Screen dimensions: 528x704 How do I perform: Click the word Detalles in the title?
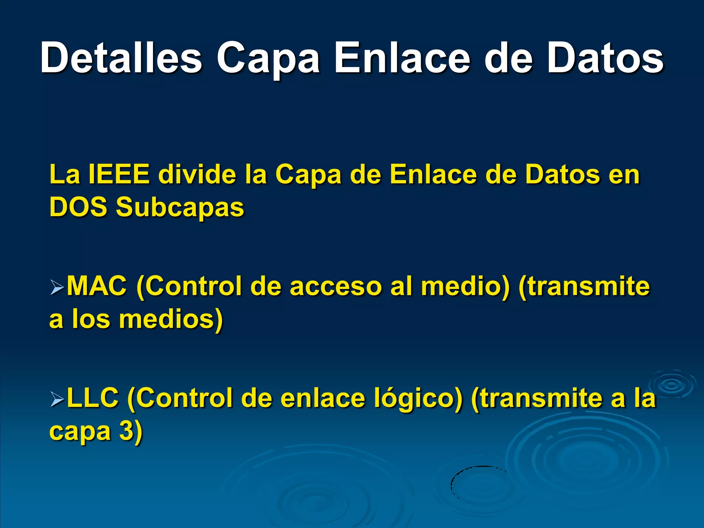click(121, 58)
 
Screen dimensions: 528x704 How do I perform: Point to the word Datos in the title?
click(605, 58)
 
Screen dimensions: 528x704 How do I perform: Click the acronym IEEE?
click(119, 175)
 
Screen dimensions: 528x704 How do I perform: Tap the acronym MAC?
click(97, 286)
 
